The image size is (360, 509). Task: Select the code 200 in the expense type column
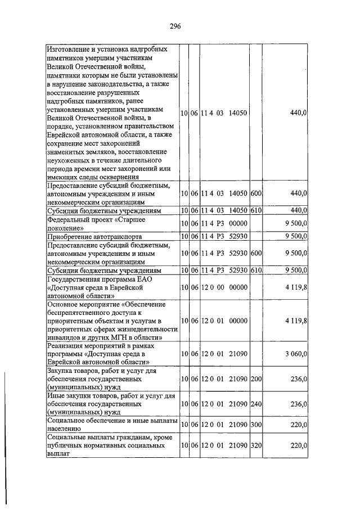[x=256, y=379]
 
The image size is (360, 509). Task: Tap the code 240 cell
[x=256, y=404]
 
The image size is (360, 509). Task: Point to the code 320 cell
[x=256, y=445]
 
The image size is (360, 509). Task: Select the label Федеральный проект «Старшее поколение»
[x=96, y=224]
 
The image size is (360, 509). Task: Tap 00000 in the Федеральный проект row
[x=239, y=224]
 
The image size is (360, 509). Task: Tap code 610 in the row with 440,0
[x=256, y=210]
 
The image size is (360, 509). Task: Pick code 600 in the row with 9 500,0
[x=256, y=253]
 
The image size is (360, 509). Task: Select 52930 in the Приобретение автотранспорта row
[x=239, y=237]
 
